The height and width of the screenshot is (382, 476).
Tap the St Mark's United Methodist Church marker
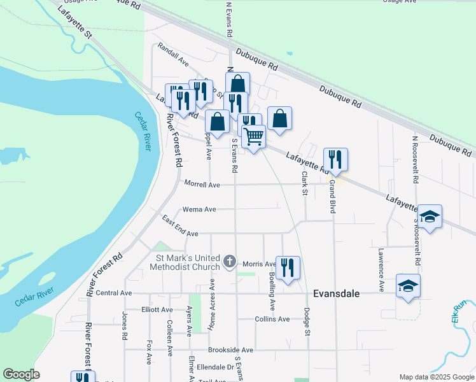(230, 261)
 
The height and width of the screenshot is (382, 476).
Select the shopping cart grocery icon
(253, 136)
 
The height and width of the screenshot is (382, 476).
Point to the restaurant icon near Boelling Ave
(288, 267)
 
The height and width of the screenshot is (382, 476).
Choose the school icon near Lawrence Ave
(408, 285)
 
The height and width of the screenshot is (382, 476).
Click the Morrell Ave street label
(202, 185)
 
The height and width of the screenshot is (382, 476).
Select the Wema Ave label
(199, 209)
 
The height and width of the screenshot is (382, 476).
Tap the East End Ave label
(180, 227)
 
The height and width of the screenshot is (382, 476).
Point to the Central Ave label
(113, 293)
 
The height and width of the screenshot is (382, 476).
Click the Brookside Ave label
(230, 350)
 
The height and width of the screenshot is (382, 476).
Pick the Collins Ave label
(272, 319)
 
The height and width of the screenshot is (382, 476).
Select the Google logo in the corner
(21, 374)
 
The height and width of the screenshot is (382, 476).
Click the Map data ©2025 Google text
(436, 377)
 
